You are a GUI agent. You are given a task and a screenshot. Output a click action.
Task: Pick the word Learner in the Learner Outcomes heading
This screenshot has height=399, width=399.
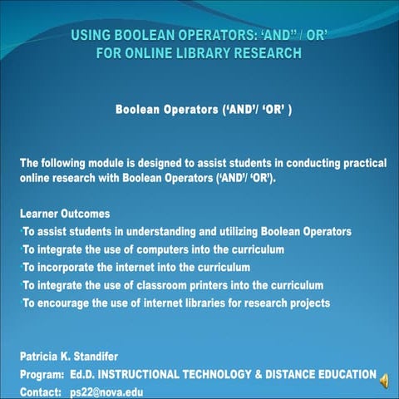pyautogui.click(x=41, y=214)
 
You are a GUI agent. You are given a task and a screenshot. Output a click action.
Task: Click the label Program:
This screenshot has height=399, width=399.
pyautogui.click(x=42, y=374)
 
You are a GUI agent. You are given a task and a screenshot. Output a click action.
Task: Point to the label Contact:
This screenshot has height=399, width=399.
pyautogui.click(x=41, y=391)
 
